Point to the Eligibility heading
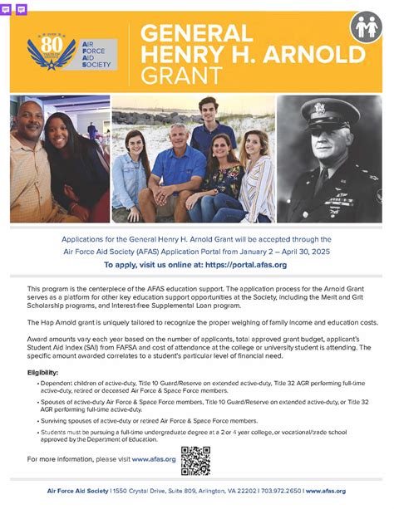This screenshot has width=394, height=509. click(43, 373)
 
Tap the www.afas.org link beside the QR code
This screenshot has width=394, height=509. click(153, 458)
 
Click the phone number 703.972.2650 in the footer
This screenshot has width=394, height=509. click(279, 491)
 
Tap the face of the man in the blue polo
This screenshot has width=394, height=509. click(179, 137)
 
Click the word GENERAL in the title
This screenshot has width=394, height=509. click(197, 33)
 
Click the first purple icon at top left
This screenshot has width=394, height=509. click(7, 9)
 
